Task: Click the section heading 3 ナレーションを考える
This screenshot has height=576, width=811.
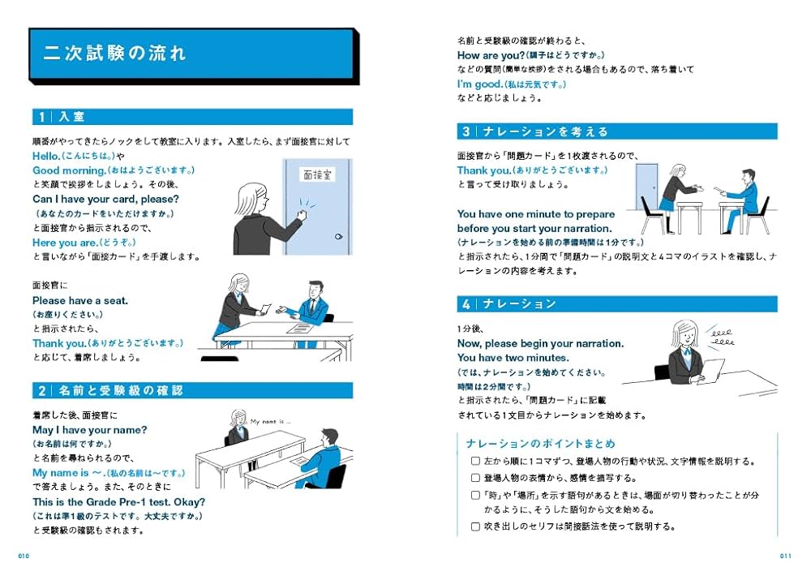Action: coord(535,131)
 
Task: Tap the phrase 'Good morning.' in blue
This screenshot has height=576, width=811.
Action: coord(70,170)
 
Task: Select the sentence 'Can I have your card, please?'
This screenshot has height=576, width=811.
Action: coord(105,199)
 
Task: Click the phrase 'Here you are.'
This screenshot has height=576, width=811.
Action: coord(64,243)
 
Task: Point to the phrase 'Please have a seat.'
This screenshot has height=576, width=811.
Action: coord(80,300)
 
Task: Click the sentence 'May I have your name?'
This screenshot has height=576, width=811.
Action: coord(89,429)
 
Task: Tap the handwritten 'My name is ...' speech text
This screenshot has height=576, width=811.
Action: coord(270,422)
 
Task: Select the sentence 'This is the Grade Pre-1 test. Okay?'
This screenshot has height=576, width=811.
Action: coord(118,501)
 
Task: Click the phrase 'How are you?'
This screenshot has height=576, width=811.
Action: coord(491,55)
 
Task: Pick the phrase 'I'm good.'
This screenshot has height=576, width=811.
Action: coord(479,84)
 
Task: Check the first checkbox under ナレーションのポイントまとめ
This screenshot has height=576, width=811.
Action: coord(475,460)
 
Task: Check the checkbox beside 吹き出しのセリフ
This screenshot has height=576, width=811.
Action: coord(475,526)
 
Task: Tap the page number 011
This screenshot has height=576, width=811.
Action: coord(785,556)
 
